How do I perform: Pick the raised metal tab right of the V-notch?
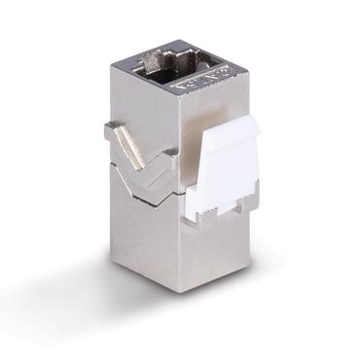[x=169, y=156]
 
